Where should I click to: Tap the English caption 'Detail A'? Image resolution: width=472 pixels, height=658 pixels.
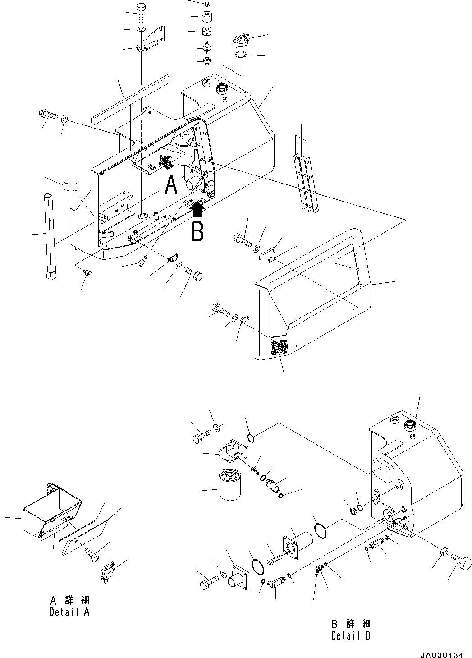[69, 612]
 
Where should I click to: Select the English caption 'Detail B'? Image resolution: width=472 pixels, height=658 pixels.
[351, 635]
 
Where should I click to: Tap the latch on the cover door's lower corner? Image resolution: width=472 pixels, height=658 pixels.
[278, 348]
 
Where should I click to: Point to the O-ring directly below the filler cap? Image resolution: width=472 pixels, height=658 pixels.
[241, 55]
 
